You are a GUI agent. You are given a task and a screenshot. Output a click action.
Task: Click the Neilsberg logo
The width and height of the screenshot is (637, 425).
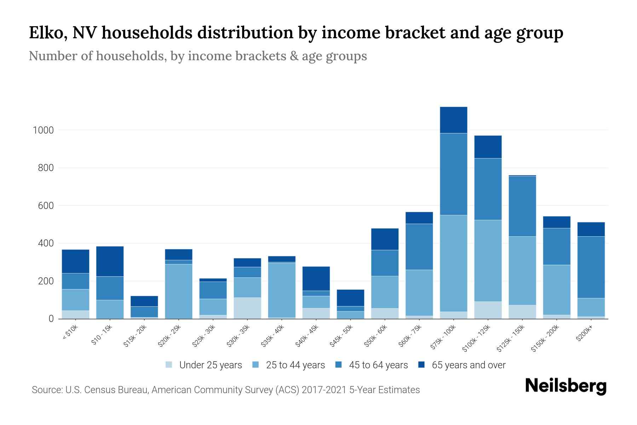(566, 386)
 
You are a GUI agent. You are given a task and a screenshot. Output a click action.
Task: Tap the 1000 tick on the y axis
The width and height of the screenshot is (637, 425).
(43, 130)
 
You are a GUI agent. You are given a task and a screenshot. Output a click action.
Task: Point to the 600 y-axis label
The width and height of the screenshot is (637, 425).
(46, 206)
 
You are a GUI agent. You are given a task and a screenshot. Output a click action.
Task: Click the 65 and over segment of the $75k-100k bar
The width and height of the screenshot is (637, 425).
(453, 120)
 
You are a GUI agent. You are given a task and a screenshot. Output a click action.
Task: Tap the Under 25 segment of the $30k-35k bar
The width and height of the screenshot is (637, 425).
(247, 308)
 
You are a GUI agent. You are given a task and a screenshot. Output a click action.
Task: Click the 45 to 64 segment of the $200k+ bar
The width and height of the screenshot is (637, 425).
(591, 267)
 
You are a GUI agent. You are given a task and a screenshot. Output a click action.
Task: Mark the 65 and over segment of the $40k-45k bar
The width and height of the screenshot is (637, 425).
(316, 279)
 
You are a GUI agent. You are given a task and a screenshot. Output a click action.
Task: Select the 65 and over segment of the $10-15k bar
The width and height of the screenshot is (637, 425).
(110, 261)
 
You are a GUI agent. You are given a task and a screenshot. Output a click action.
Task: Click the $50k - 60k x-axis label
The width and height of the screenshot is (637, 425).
(376, 336)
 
